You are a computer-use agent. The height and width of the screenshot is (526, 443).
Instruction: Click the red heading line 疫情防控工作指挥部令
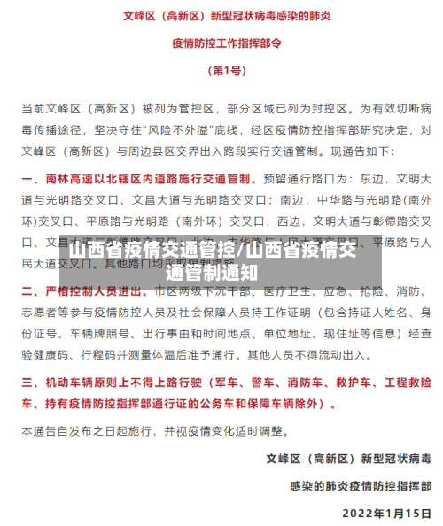coord(221,42)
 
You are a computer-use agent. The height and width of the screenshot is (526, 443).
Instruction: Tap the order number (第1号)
coord(221,70)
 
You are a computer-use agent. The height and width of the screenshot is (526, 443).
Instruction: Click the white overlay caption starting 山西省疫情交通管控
coord(221,260)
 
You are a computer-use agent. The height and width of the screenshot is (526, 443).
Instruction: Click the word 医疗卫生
coord(282,291)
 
